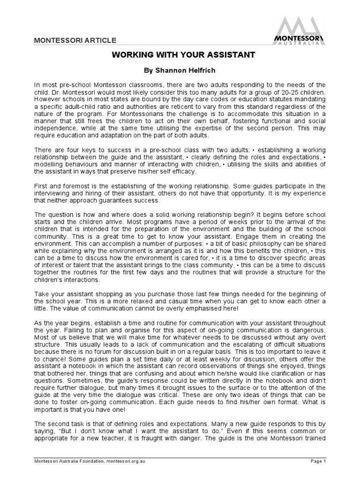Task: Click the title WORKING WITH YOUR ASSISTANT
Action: point(183,55)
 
